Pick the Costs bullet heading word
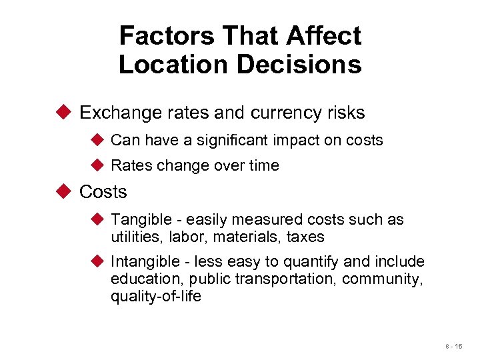pyautogui.click(x=103, y=192)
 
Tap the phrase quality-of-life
pyautogui.click(x=155, y=296)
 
